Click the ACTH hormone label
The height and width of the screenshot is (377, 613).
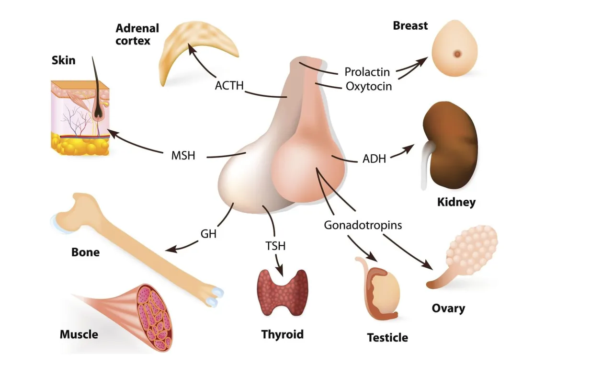click(229, 86)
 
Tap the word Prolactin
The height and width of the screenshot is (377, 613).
click(367, 72)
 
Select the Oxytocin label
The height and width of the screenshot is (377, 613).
click(368, 86)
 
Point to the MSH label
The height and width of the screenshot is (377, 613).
click(183, 156)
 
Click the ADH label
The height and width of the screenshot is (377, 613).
click(374, 159)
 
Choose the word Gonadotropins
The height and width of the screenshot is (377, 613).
click(363, 225)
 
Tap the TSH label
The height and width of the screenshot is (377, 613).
click(275, 246)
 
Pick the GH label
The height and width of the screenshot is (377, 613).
click(208, 234)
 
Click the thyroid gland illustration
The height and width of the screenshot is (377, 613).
click(283, 291)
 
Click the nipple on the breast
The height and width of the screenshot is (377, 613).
click(458, 54)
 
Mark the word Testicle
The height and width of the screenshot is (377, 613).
click(387, 338)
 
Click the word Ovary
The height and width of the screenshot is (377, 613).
click(448, 308)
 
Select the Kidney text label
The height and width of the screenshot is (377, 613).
click(456, 202)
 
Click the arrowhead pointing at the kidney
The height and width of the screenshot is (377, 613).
click(410, 148)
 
